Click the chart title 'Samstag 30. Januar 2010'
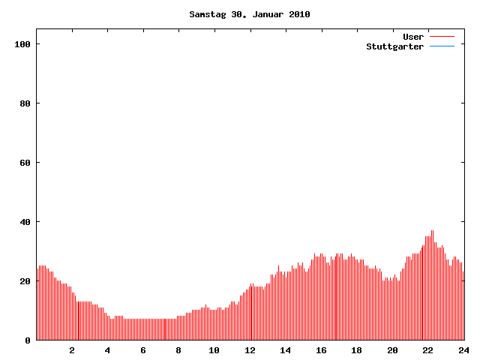click(x=250, y=14)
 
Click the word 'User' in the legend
click(x=413, y=36)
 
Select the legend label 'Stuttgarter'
click(x=394, y=46)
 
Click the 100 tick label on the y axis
click(x=22, y=44)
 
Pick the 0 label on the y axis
click(x=28, y=340)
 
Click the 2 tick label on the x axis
click(x=72, y=350)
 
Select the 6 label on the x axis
click(x=143, y=350)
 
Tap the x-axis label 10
click(x=214, y=350)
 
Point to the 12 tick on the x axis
click(x=250, y=350)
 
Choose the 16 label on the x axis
click(x=321, y=350)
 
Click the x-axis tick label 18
click(x=356, y=350)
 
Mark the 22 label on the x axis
click(x=427, y=350)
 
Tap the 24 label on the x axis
click(x=463, y=350)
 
